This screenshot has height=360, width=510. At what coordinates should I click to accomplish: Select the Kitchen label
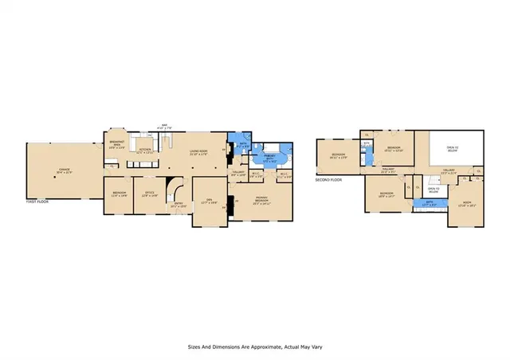[x=146, y=151]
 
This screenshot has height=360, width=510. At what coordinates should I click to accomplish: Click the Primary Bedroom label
[x=261, y=201]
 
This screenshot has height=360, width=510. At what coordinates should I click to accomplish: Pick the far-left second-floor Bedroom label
[x=339, y=156]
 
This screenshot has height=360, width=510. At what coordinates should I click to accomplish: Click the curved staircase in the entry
[x=182, y=190]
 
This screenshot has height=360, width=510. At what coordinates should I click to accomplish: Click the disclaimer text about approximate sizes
[x=254, y=347]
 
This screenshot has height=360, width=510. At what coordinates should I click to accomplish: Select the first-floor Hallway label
[x=237, y=173]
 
